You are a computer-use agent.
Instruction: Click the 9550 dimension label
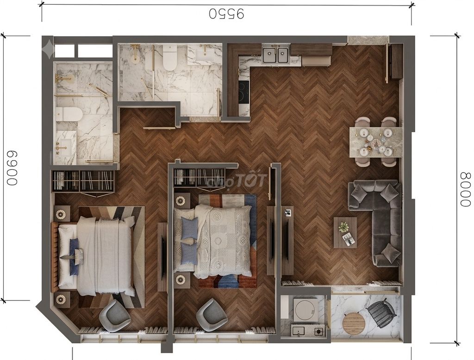(x=226, y=13)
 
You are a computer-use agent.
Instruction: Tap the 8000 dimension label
(x=466, y=190)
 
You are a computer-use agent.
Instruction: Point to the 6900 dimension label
(x=12, y=168)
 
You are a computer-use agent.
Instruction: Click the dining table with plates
(x=375, y=142)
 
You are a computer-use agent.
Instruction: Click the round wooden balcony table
(x=354, y=323)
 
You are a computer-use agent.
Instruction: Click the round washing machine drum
(x=306, y=309)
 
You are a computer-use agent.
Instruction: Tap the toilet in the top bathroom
(x=169, y=57)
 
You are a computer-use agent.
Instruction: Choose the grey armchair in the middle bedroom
(x=212, y=314)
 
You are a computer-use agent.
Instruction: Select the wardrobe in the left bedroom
(x=83, y=181)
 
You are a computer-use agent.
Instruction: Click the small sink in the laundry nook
(x=300, y=331)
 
